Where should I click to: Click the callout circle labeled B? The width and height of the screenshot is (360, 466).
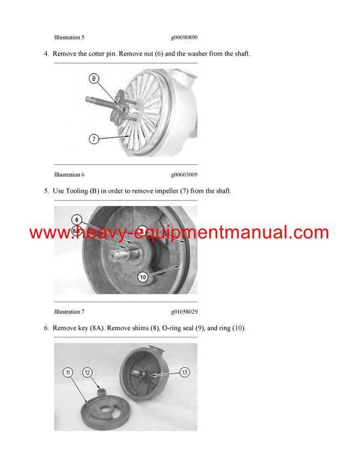point(94,78)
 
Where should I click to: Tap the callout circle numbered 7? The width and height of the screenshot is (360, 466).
point(94,139)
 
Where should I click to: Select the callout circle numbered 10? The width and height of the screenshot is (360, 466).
point(143,277)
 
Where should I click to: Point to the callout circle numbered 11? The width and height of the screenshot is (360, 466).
point(68,372)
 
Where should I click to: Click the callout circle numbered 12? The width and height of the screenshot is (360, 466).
point(88,372)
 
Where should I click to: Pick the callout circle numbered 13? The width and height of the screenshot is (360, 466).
point(184,372)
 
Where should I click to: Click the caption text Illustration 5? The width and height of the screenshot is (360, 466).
point(69,37)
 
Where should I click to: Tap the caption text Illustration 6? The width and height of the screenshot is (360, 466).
point(69,175)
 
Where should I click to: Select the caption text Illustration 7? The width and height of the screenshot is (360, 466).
point(69,312)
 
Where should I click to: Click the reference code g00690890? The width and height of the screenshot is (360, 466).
point(184,37)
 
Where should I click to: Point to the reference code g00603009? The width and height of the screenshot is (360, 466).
point(184,175)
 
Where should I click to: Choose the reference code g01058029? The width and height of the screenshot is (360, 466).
point(184,312)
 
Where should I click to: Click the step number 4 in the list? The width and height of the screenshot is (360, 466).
point(46,54)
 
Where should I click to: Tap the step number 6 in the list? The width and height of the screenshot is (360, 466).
point(46,328)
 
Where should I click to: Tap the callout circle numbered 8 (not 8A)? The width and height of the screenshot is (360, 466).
point(76,219)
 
